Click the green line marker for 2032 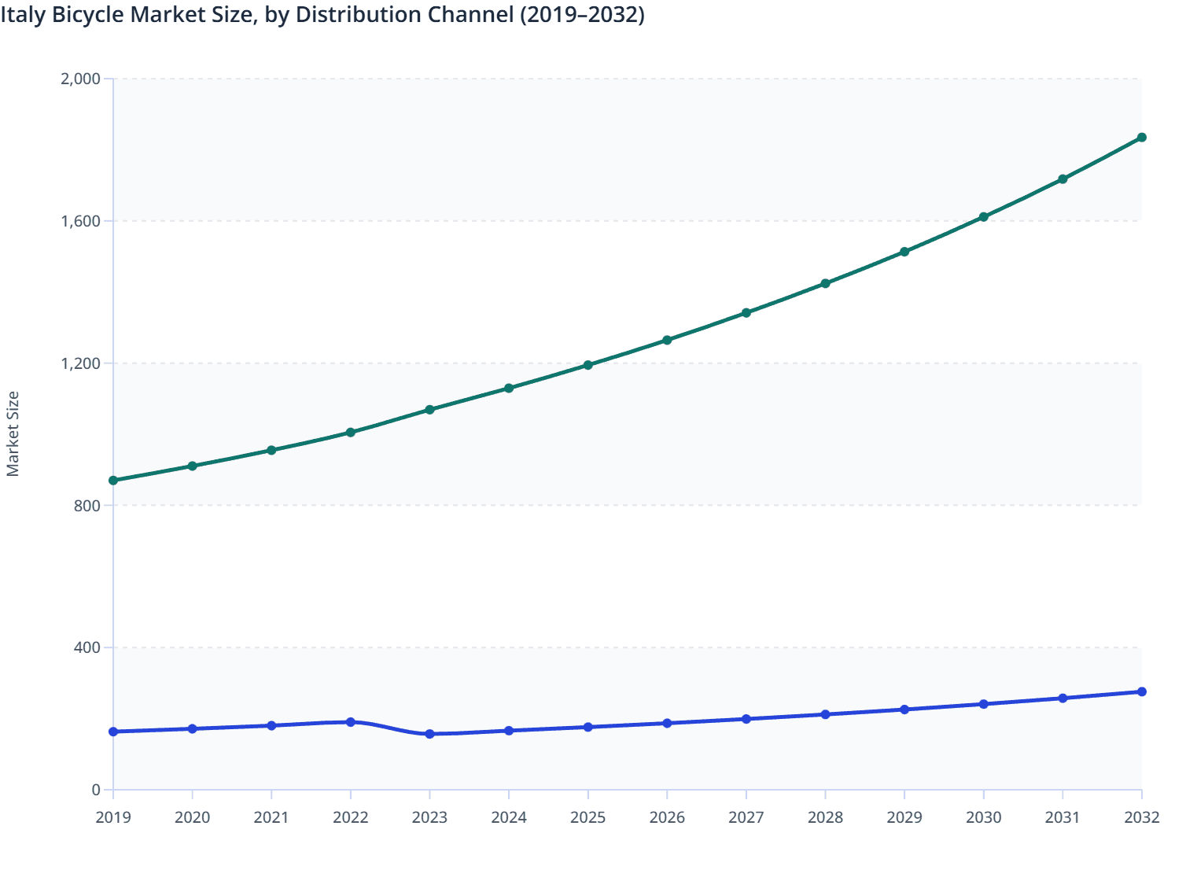(x=1141, y=138)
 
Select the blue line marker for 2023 (x=429, y=734)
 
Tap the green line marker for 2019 (x=113, y=481)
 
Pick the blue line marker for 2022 (x=351, y=722)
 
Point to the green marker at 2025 (x=587, y=365)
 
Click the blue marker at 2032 (x=1141, y=692)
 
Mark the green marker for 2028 (x=825, y=283)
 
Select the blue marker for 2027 (x=746, y=719)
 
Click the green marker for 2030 (x=983, y=217)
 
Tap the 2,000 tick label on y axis (x=80, y=79)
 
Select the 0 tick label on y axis (x=96, y=790)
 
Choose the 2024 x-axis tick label (x=509, y=818)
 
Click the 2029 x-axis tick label (x=904, y=818)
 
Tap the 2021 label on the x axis (x=271, y=818)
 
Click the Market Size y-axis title (x=13, y=434)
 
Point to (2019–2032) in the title (x=582, y=15)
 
